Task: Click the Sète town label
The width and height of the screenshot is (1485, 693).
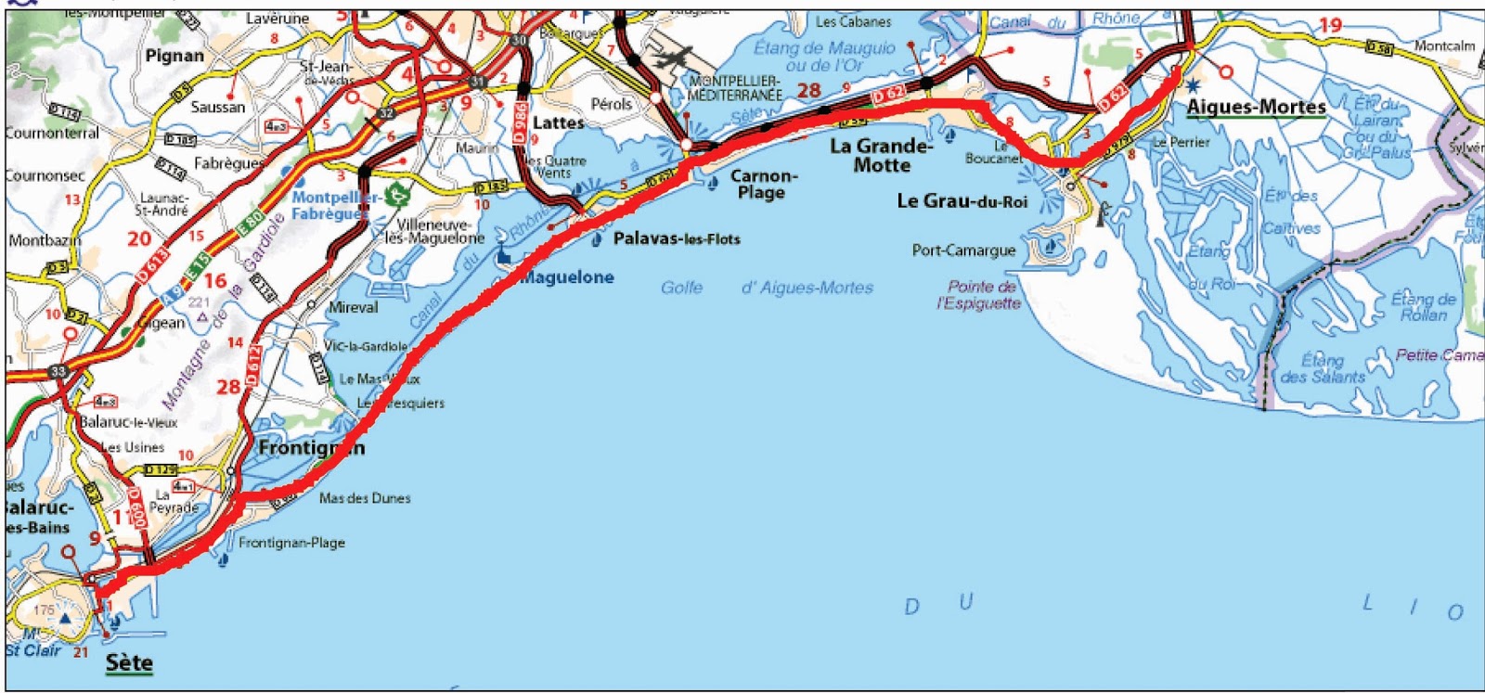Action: [x=129, y=662]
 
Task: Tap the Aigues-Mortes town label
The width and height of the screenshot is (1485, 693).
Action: [x=1256, y=108]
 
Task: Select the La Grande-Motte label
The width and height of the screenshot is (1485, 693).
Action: [x=881, y=155]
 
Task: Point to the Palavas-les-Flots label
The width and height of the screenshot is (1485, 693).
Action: [x=677, y=239]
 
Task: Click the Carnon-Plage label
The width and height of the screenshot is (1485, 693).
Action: [x=763, y=184]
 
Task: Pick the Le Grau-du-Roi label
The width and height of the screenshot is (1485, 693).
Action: [x=962, y=201]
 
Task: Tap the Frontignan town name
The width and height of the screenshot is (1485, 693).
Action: [x=311, y=448]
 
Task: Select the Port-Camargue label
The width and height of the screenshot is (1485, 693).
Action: [x=963, y=250]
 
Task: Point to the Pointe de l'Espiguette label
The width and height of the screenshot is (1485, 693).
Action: [x=980, y=295]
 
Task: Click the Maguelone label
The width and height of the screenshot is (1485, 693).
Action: [x=566, y=277]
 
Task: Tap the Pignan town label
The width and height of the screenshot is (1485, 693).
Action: [x=174, y=56]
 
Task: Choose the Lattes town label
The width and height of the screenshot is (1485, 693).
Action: [x=558, y=122]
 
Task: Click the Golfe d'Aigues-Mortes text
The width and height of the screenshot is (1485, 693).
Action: [x=767, y=288]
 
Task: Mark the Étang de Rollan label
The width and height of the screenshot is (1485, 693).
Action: [x=1423, y=307]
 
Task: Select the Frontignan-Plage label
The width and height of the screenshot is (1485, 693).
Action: [x=291, y=543]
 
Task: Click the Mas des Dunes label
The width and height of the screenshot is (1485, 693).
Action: [x=365, y=498]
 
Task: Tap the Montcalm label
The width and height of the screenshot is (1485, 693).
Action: [x=1444, y=45]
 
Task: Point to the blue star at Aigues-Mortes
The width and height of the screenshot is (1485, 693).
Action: [x=1193, y=85]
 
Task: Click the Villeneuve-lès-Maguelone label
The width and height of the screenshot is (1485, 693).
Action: [x=435, y=231]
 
